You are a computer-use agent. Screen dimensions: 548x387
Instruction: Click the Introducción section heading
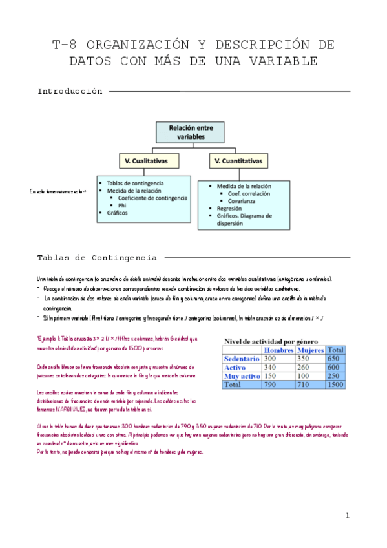[x=70, y=92]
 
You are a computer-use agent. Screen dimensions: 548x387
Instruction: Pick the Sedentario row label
[x=242, y=358]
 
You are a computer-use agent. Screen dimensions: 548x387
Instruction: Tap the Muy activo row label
[x=242, y=375]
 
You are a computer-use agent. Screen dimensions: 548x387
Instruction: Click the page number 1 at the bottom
[x=347, y=516]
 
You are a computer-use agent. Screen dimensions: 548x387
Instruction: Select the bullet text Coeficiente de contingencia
[x=152, y=198]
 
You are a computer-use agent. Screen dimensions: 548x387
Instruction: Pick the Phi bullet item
[x=122, y=205]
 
